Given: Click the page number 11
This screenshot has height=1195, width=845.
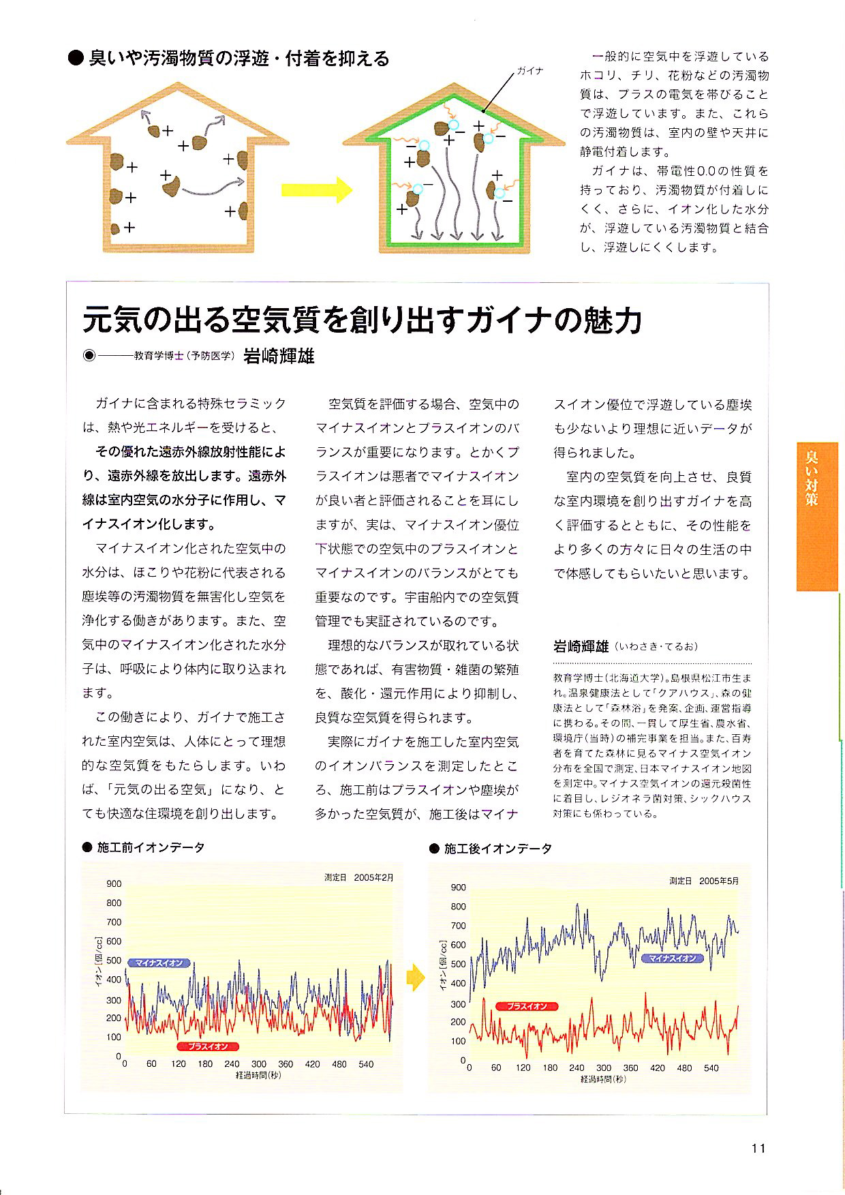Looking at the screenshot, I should (758, 1148).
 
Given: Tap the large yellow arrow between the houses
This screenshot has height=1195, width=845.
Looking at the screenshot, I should (316, 190).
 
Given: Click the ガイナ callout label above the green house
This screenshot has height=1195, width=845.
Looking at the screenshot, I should (529, 71).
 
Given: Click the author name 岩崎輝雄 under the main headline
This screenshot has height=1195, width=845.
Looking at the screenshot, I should (279, 356).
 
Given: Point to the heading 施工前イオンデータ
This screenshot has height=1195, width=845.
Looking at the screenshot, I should (151, 847).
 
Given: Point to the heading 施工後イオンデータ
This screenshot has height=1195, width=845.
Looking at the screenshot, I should (497, 849).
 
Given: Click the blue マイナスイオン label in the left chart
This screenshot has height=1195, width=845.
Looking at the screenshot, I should (159, 963).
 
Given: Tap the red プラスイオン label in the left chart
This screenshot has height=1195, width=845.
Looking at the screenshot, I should (209, 1046).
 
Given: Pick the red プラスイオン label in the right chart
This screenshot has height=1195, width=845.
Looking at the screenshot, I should (527, 1006).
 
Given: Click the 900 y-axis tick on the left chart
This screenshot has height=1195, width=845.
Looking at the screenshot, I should (114, 883).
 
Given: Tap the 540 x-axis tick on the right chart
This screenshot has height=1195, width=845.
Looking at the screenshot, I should (711, 1068).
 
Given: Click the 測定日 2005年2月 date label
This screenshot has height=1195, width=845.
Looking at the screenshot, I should (359, 878).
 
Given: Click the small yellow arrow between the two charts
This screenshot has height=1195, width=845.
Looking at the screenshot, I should (415, 979).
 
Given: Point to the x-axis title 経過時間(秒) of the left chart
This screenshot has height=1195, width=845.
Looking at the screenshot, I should (258, 1075).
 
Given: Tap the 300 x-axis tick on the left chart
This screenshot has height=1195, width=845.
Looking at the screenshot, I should (258, 1064).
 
